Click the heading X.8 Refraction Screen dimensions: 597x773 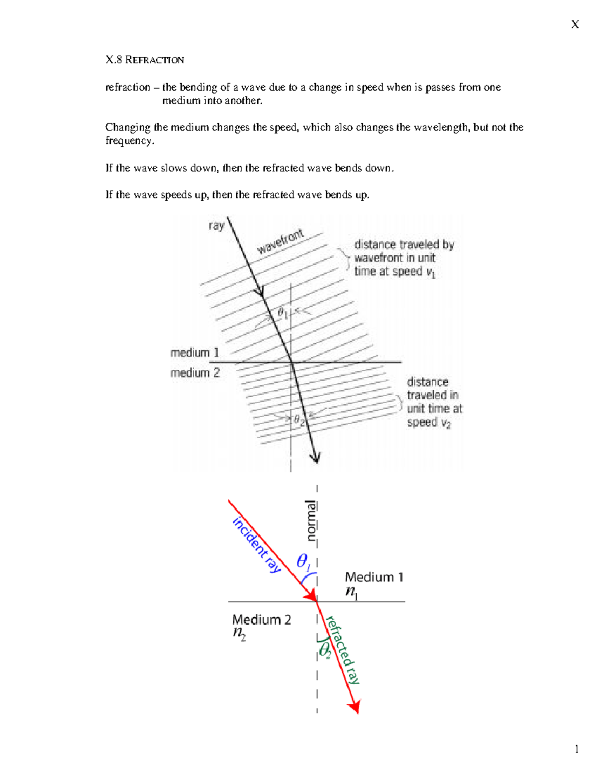click(x=145, y=60)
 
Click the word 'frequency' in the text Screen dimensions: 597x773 click(x=129, y=141)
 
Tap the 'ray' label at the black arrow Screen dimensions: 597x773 click(x=216, y=226)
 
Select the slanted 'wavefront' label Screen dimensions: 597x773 click(x=280, y=241)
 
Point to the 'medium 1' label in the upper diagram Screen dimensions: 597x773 click(x=195, y=353)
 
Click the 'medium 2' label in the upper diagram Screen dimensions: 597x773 click(x=195, y=373)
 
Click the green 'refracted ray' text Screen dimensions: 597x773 click(x=343, y=650)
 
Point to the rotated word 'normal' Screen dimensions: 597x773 click(x=311, y=520)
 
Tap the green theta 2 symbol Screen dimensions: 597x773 click(x=325, y=650)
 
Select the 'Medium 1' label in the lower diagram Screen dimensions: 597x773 click(x=374, y=577)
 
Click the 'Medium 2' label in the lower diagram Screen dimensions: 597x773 click(x=261, y=620)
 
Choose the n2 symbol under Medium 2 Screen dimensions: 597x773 click(x=239, y=634)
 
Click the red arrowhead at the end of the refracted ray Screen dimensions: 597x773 click(x=355, y=707)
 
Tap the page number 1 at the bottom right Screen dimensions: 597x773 click(x=577, y=749)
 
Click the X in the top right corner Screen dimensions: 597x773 click(x=575, y=24)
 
